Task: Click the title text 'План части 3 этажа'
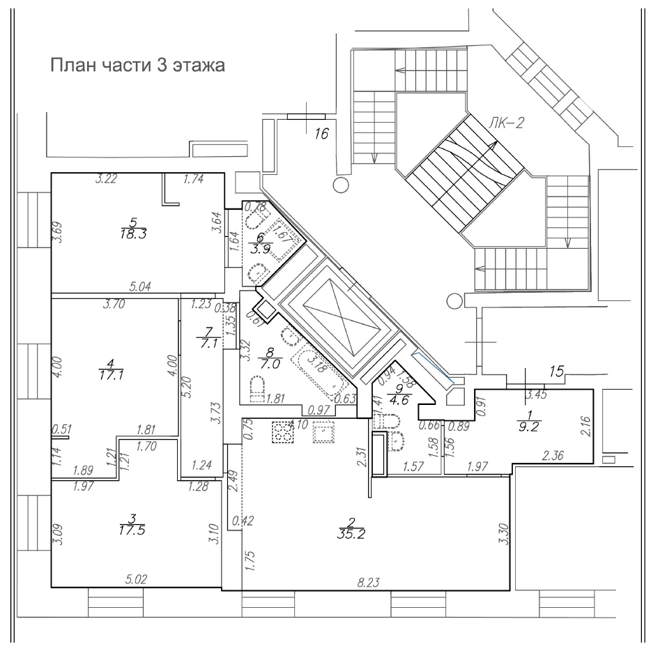137,67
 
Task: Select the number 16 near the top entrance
320,134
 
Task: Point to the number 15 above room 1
556,372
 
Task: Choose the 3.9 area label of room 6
256,250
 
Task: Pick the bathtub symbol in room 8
318,365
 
